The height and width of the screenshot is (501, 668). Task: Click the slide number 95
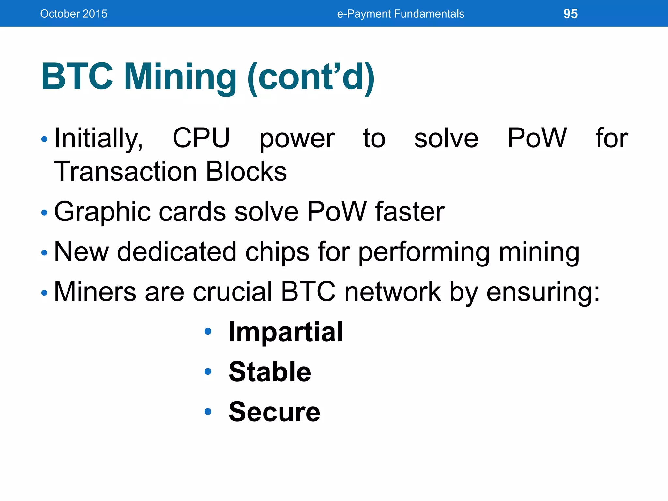pos(570,14)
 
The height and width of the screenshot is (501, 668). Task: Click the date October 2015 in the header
pos(74,14)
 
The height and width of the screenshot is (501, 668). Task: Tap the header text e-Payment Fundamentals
pos(400,14)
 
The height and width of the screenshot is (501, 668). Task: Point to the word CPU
pos(201,138)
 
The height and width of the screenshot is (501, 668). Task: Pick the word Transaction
pos(126,172)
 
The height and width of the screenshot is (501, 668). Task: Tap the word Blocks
pos(246,172)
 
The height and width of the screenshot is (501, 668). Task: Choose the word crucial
pos(232,292)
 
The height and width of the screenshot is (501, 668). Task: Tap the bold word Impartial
pos(286,332)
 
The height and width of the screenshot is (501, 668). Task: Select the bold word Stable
pos(270,372)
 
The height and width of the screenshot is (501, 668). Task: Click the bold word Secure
pos(274,412)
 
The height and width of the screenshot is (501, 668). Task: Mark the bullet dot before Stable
pos(208,372)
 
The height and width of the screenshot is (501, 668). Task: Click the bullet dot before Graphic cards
pos(44,213)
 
